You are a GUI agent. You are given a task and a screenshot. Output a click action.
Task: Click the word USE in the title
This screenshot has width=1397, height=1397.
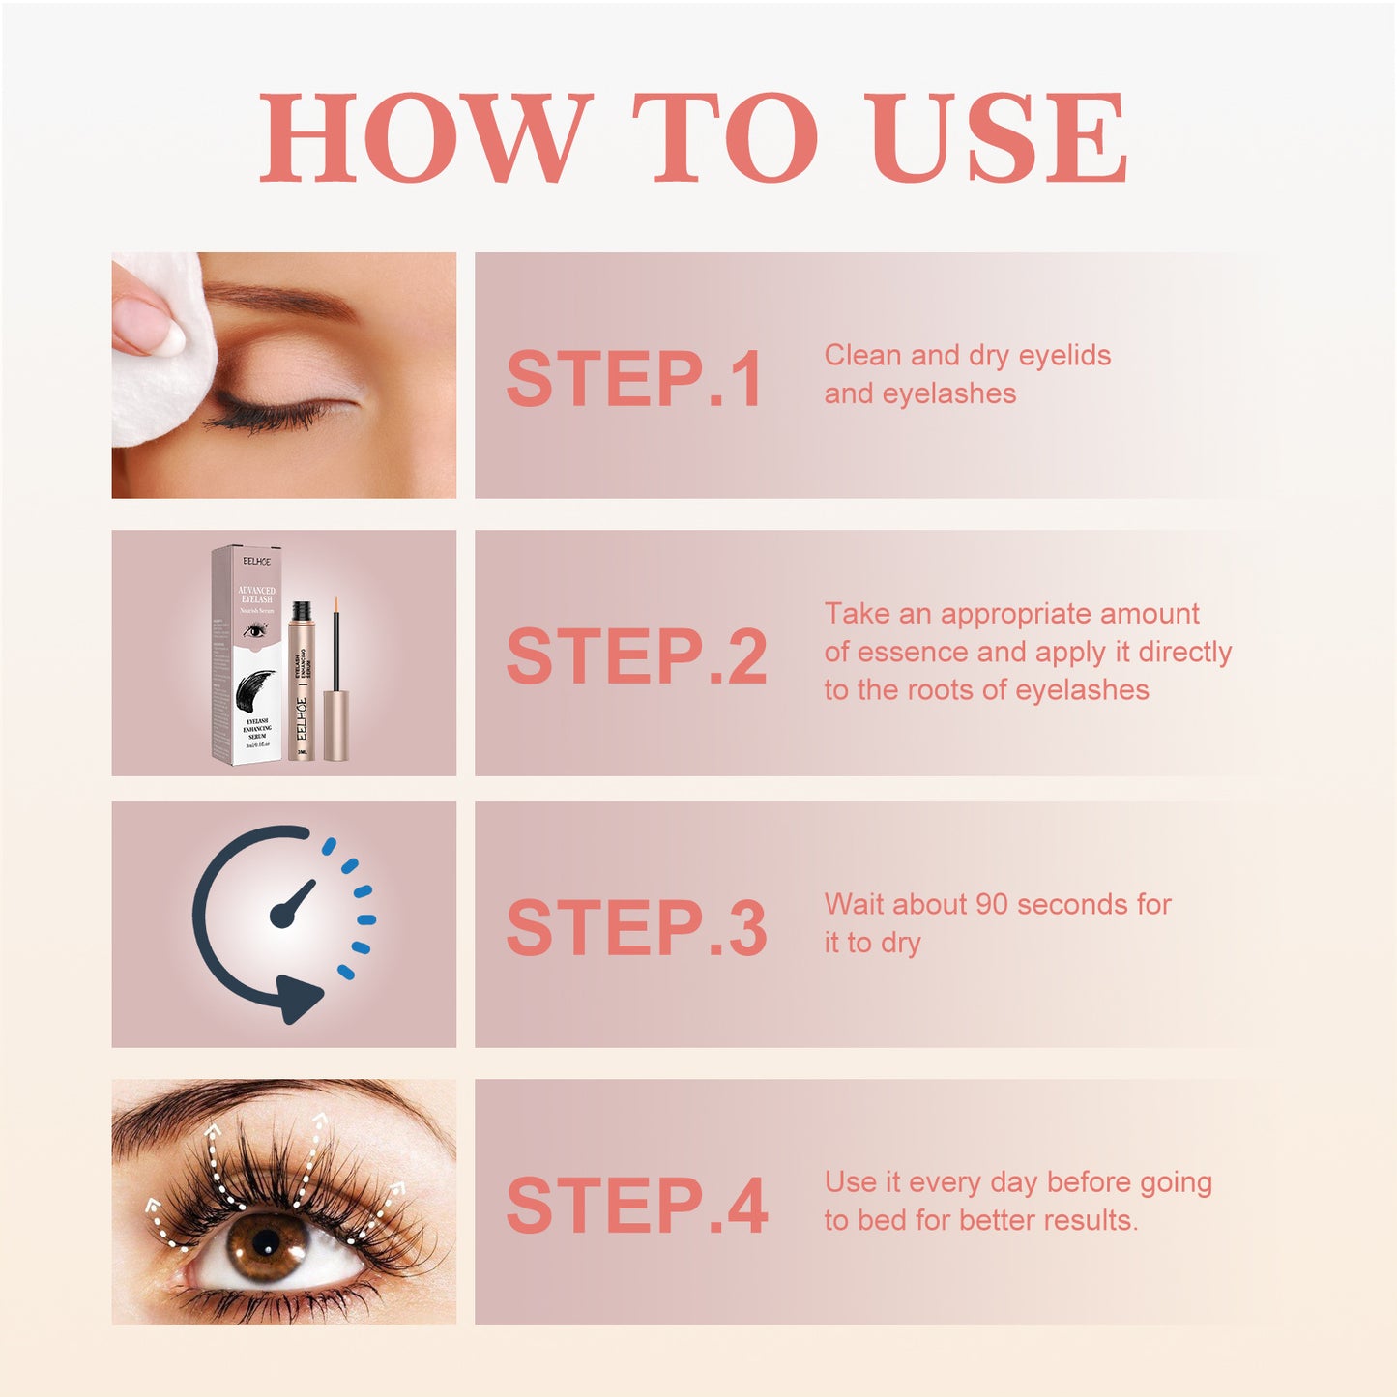[x=998, y=137]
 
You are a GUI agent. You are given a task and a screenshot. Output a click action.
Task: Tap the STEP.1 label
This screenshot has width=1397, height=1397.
[x=634, y=379]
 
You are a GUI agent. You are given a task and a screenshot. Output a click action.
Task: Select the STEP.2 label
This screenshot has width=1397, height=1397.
[x=636, y=656]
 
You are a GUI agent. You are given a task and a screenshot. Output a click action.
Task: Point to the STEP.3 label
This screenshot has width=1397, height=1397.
[x=636, y=928]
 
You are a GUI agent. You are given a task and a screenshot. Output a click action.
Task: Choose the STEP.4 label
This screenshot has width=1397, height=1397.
[x=636, y=1206]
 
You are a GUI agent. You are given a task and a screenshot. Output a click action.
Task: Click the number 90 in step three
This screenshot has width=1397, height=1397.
[x=992, y=904]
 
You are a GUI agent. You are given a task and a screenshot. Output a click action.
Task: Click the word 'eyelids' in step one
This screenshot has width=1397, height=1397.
[x=1064, y=356]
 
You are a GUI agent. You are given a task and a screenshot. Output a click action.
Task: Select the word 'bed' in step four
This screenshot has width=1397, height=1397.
[x=882, y=1220]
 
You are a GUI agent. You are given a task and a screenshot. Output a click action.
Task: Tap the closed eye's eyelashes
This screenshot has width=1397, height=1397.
[x=261, y=416]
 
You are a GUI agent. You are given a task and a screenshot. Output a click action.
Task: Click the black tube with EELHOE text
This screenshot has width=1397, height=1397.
[x=301, y=686]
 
